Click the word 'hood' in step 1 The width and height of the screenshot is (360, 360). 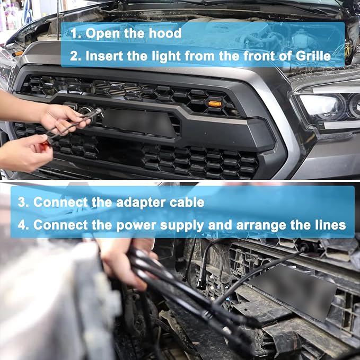coord(165,33)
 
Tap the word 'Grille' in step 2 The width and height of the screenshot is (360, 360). coord(313,56)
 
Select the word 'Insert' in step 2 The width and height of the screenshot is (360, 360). coord(104,56)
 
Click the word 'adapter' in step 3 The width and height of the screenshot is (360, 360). coord(141,203)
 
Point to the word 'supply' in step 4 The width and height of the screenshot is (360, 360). coord(182,225)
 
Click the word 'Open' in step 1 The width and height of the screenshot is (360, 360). coord(103,33)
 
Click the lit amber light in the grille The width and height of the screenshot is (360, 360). coord(215,104)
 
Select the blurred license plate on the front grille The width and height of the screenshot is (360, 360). coord(139,122)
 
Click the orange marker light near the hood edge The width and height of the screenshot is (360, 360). coord(18,53)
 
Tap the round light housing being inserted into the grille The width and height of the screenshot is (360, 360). coord(87,112)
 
